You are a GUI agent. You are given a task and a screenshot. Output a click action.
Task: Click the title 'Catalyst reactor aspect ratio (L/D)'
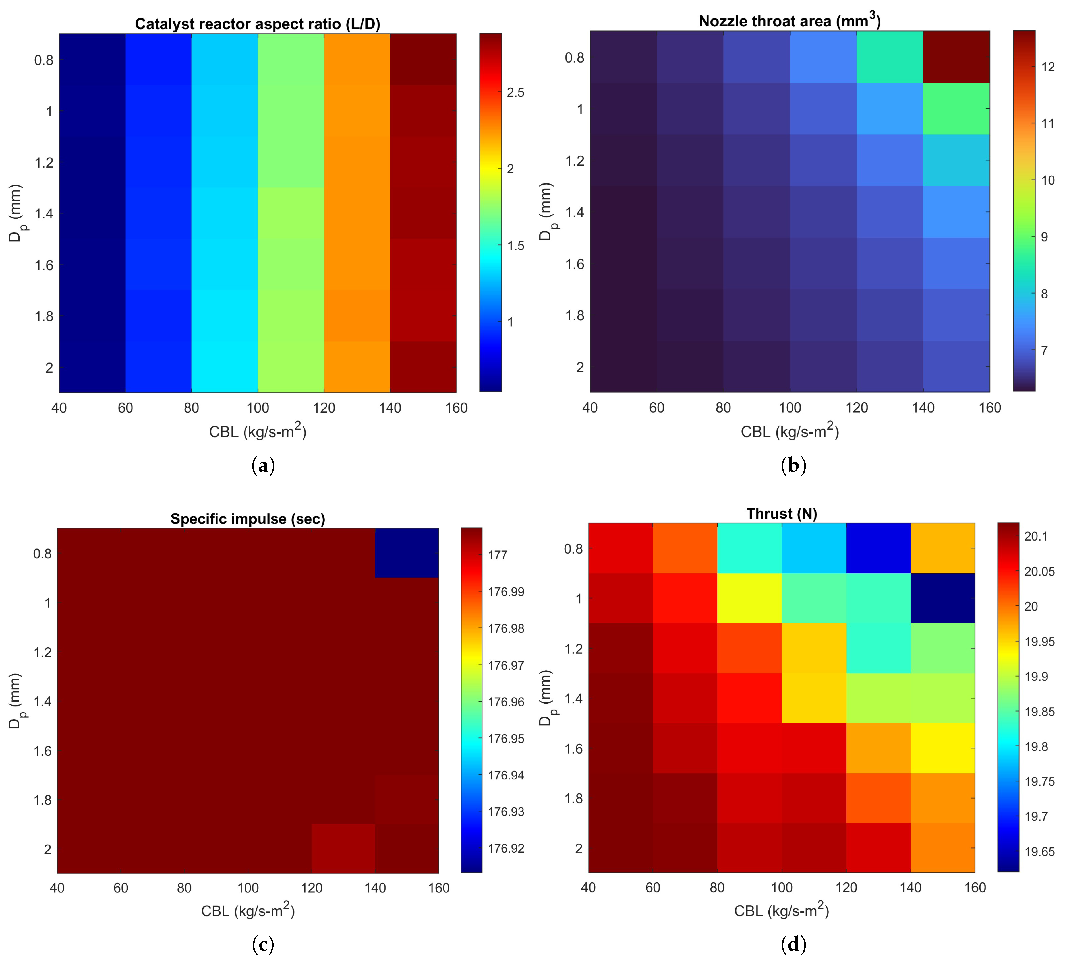(258, 24)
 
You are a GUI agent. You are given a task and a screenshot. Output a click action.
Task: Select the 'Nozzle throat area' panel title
(790, 21)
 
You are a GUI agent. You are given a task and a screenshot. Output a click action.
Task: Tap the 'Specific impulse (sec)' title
(248, 519)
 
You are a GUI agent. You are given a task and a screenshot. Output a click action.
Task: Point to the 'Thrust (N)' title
(782, 514)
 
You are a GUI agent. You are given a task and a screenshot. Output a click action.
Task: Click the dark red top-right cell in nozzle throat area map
(956, 57)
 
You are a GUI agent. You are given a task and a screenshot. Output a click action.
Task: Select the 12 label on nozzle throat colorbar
(1048, 67)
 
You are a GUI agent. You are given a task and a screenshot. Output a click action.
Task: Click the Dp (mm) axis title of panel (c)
(16, 701)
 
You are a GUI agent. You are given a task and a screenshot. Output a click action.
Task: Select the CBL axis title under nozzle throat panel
(790, 431)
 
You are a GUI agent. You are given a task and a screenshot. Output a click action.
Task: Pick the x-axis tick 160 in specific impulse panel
(438, 888)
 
